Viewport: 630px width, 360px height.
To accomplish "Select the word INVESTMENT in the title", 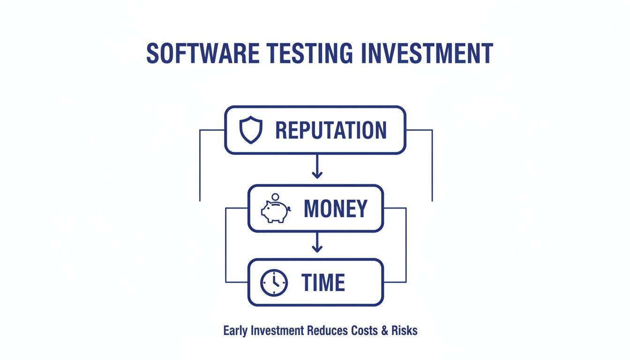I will click(427, 54).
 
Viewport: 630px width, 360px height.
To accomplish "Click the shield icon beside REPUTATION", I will click(251, 130).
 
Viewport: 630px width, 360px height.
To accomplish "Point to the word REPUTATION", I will click(331, 130).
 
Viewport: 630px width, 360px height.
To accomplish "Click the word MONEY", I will click(336, 209).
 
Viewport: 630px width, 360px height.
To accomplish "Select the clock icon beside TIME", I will click(274, 283).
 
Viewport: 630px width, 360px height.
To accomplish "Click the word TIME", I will click(323, 283).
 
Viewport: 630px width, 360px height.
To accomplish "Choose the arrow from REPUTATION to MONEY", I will click(317, 168).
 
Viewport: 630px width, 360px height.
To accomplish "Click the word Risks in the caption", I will click(405, 330).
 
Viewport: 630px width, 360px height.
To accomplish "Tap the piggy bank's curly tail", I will click(289, 209).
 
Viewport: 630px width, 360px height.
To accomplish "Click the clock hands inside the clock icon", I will click(275, 281).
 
